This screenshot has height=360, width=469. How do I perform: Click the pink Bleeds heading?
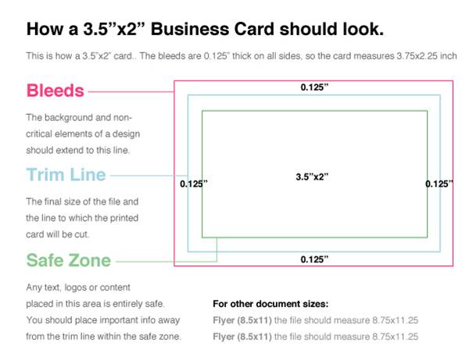coord(55,91)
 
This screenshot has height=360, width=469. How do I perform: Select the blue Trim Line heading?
coord(66,175)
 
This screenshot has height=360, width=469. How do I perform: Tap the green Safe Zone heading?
coord(69,260)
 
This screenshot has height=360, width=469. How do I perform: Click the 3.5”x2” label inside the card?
coord(306,176)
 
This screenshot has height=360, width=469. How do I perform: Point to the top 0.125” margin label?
coord(314,87)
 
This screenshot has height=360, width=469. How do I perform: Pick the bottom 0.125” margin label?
coord(314,258)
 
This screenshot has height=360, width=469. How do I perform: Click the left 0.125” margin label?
coord(194,184)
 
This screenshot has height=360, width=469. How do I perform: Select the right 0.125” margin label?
coord(439,184)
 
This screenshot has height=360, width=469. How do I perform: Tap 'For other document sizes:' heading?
coord(270,303)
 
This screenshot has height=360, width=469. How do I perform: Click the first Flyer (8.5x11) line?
coord(315,320)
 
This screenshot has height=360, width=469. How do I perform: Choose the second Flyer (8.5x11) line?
coord(315,337)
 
